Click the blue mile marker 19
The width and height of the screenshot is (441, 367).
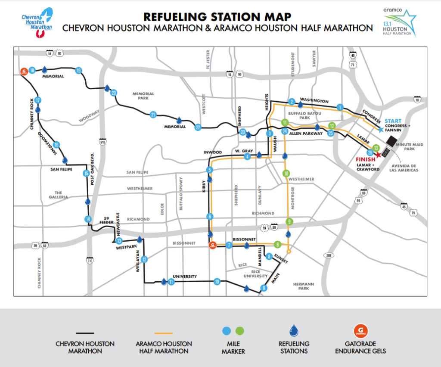[x=78, y=70]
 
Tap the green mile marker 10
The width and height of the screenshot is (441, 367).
[x=286, y=174]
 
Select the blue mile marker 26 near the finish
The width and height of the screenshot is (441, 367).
[x=370, y=152]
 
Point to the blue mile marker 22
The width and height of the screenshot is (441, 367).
[x=198, y=127]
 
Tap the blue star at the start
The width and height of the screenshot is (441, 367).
[x=381, y=129]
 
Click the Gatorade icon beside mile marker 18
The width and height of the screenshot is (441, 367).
[x=24, y=71]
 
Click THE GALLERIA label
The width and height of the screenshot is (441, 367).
[x=59, y=195]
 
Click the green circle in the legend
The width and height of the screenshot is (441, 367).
[x=240, y=331]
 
